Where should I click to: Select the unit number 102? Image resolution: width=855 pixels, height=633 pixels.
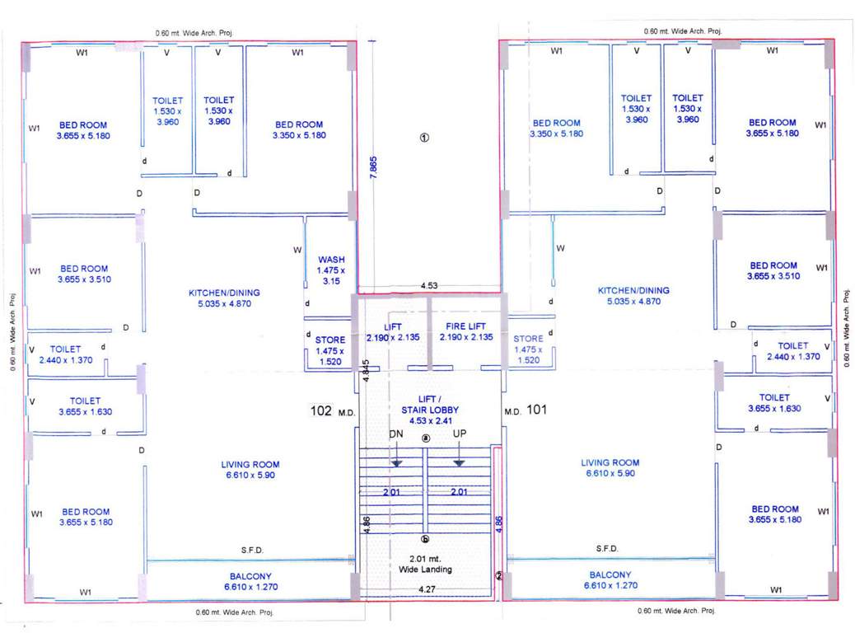pyautogui.click(x=321, y=410)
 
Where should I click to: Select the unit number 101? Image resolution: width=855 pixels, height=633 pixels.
pyautogui.click(x=537, y=409)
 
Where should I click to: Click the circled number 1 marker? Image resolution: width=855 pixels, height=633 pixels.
pyautogui.click(x=425, y=138)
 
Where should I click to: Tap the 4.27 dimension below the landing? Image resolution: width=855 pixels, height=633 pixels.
pyautogui.click(x=427, y=589)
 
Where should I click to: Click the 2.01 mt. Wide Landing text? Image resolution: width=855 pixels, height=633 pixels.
pyautogui.click(x=425, y=564)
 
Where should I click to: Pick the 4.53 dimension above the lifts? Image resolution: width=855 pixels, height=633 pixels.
pyautogui.click(x=428, y=286)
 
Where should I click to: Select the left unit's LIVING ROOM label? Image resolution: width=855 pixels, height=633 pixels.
pyautogui.click(x=250, y=469)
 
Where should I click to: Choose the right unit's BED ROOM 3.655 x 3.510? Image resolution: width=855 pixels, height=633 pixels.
pyautogui.click(x=773, y=271)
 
